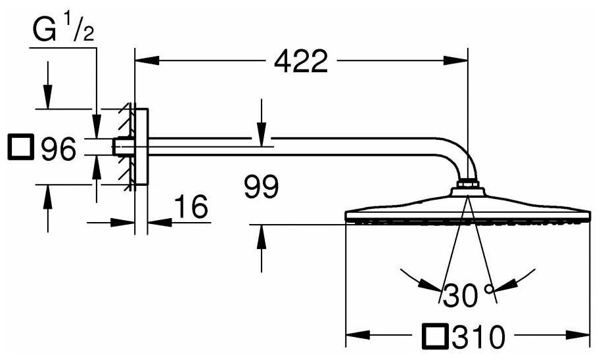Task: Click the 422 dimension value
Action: pyautogui.click(x=300, y=62)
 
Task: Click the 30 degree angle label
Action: pyautogui.click(x=461, y=296)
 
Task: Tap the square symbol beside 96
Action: pyautogui.click(x=20, y=148)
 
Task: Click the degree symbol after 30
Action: pyautogui.click(x=489, y=288)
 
